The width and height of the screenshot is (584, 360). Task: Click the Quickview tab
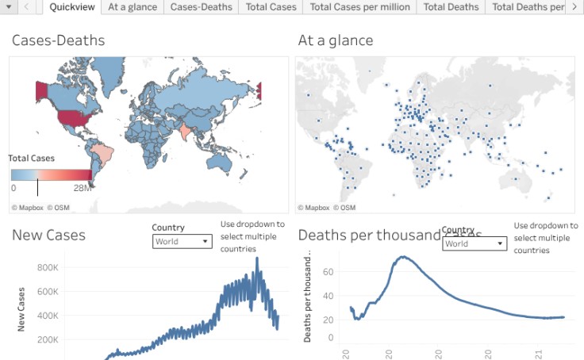pyautogui.click(x=71, y=7)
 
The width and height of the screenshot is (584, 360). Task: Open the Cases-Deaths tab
pyautogui.click(x=202, y=7)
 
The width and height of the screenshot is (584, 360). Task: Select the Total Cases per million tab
pyautogui.click(x=360, y=7)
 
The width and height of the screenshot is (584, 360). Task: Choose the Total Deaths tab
pyautogui.click(x=451, y=7)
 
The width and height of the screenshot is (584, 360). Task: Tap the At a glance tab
pyautogui.click(x=133, y=7)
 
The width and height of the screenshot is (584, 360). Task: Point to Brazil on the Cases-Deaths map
pyautogui.click(x=101, y=151)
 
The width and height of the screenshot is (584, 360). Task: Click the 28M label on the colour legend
pyautogui.click(x=83, y=188)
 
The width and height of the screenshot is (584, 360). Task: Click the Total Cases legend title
pyautogui.click(x=32, y=158)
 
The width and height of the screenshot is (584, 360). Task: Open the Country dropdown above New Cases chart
pyautogui.click(x=182, y=241)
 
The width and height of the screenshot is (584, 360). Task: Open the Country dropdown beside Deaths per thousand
pyautogui.click(x=474, y=243)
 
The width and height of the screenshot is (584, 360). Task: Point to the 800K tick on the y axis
pyautogui.click(x=47, y=267)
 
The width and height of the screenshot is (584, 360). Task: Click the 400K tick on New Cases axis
pyautogui.click(x=47, y=316)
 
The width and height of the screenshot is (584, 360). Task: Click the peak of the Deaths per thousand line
pyautogui.click(x=403, y=257)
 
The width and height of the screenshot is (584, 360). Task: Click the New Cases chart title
pyautogui.click(x=48, y=235)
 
